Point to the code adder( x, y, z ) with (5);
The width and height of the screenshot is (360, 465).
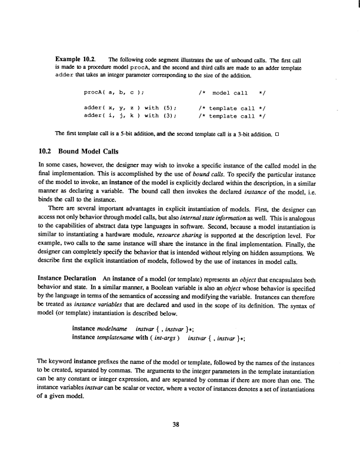pyautogui.click(x=127, y=108)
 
